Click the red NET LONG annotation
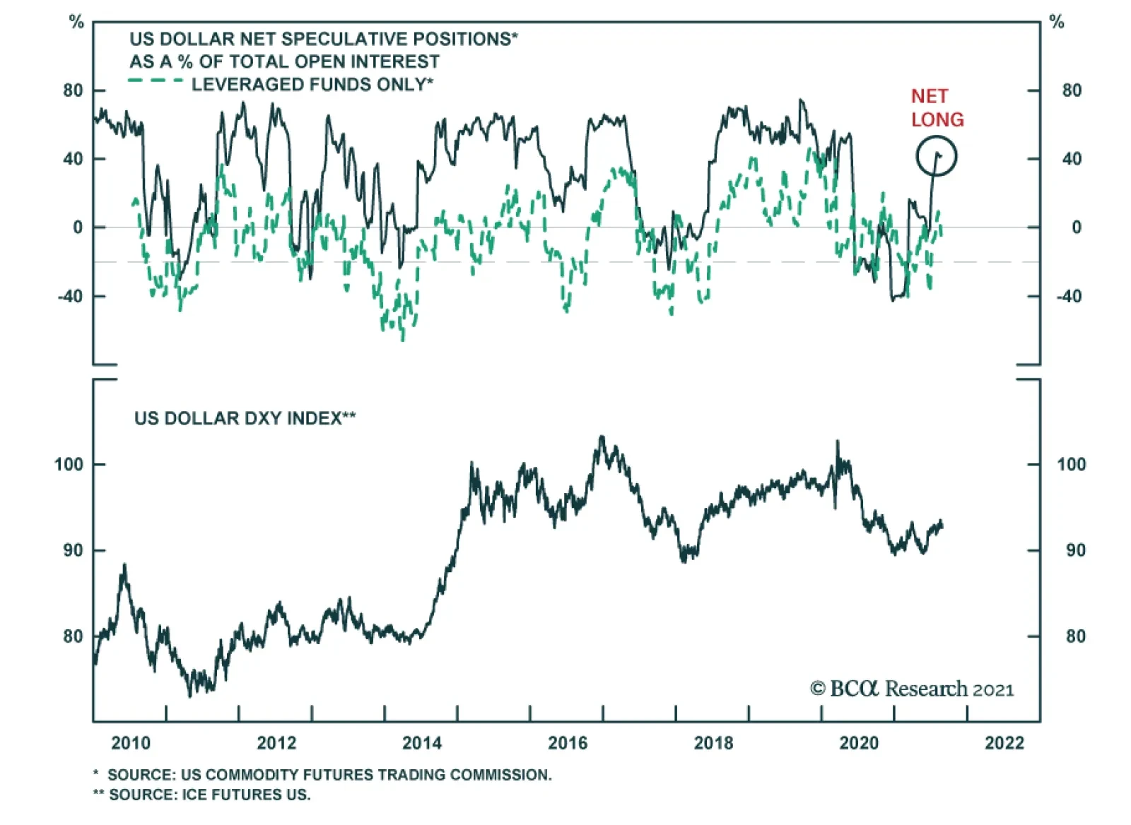pyautogui.click(x=937, y=107)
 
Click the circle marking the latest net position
pyautogui.click(x=937, y=156)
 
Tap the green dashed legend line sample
pyautogui.click(x=156, y=81)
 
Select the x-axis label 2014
pyautogui.click(x=421, y=743)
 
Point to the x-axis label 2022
pyautogui.click(x=1004, y=743)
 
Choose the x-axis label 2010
pyautogui.click(x=131, y=743)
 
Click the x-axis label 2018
pyautogui.click(x=713, y=743)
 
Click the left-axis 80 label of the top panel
pyautogui.click(x=73, y=90)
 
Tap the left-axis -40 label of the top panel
pyautogui.click(x=70, y=296)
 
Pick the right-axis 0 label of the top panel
pyautogui.click(x=1076, y=227)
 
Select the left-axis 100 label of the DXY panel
pyautogui.click(x=69, y=464)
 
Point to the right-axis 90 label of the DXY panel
pyautogui.click(x=1075, y=550)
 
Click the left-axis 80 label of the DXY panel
pyautogui.click(x=73, y=636)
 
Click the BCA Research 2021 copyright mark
pyautogui.click(x=912, y=689)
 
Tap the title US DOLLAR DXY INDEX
pyautogui.click(x=245, y=418)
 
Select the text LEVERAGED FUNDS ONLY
pyautogui.click(x=312, y=85)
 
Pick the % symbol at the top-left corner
pyautogui.click(x=76, y=22)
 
